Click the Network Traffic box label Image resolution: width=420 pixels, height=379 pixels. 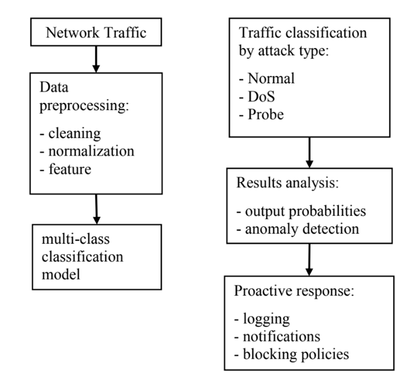coord(96,32)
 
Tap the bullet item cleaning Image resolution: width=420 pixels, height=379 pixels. coord(70,134)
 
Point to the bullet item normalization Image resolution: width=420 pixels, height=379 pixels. coord(87,151)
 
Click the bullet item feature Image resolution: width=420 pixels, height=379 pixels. coord(65,168)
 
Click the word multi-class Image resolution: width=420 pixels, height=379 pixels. coord(76,239)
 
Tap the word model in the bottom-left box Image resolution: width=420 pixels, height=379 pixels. coord(61,274)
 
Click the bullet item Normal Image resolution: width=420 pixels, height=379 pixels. coord(267,78)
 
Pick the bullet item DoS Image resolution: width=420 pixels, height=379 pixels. coord(257,96)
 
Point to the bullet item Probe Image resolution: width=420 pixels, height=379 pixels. coord(262,114)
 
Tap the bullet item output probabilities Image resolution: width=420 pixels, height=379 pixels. coord(301,211)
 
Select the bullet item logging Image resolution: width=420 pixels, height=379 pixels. coord(262,319)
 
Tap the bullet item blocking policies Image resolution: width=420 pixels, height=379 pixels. coord(291,354)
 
